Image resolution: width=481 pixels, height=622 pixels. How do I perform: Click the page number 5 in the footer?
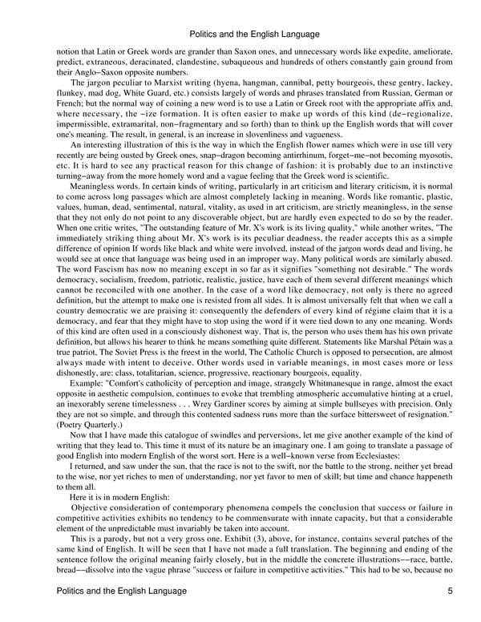(x=452, y=591)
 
